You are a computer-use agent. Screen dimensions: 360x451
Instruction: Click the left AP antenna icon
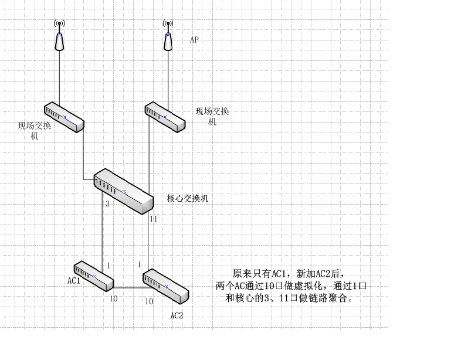click(59, 36)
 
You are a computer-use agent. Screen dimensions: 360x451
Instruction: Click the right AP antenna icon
click(168, 36)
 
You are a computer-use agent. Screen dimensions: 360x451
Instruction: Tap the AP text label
click(194, 40)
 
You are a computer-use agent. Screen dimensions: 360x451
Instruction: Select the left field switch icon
click(64, 117)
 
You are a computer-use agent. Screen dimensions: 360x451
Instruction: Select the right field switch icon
click(165, 117)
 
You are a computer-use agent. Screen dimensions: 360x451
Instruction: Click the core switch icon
click(124, 191)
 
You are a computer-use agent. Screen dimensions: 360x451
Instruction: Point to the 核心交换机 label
click(188, 199)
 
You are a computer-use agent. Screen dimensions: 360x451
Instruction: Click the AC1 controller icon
click(93, 276)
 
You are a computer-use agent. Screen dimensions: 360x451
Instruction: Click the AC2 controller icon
click(165, 286)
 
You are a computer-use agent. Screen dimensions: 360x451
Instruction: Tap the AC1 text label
click(74, 281)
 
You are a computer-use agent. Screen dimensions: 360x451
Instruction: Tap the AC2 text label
click(177, 315)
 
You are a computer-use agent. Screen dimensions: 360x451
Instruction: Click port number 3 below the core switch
click(107, 205)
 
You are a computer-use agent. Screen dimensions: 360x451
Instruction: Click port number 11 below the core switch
click(154, 219)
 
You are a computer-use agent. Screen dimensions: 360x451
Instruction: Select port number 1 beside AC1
click(108, 266)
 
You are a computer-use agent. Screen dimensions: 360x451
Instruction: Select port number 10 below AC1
click(114, 299)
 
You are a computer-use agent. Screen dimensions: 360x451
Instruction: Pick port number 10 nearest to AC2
click(149, 301)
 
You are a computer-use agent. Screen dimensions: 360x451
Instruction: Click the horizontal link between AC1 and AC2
click(128, 288)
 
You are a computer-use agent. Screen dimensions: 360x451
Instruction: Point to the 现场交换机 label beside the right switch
click(212, 116)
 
